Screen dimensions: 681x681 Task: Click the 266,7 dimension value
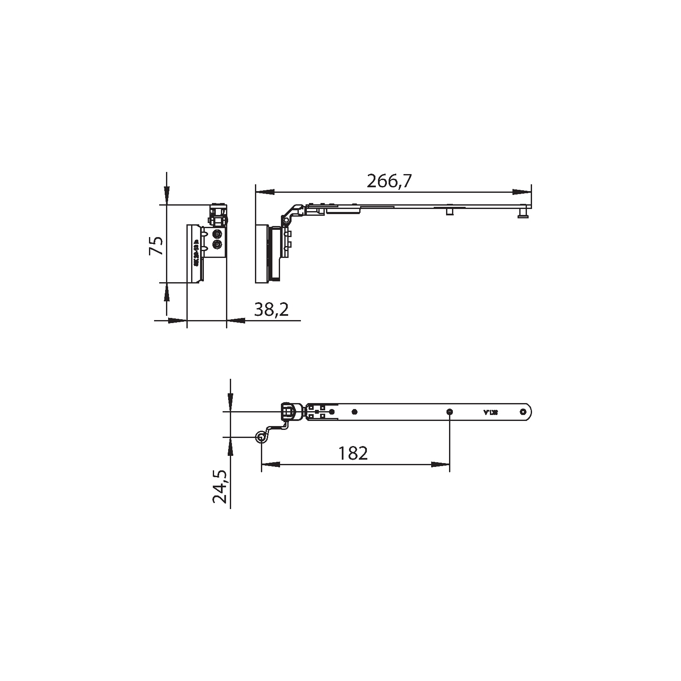pyautogui.click(x=389, y=182)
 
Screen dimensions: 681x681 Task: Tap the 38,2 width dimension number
pyautogui.click(x=272, y=309)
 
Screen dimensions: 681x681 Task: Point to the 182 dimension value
pyautogui.click(x=353, y=454)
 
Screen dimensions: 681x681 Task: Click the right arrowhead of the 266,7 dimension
pyautogui.click(x=522, y=192)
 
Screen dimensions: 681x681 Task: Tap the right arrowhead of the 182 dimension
pyautogui.click(x=441, y=464)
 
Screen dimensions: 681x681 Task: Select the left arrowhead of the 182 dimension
pyautogui.click(x=271, y=464)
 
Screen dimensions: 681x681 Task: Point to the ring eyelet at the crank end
pyautogui.click(x=260, y=436)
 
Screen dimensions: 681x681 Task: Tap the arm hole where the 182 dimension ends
pyautogui.click(x=450, y=412)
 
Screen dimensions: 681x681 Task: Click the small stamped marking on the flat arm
pyautogui.click(x=491, y=412)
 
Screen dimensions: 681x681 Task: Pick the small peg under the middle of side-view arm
pyautogui.click(x=449, y=211)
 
